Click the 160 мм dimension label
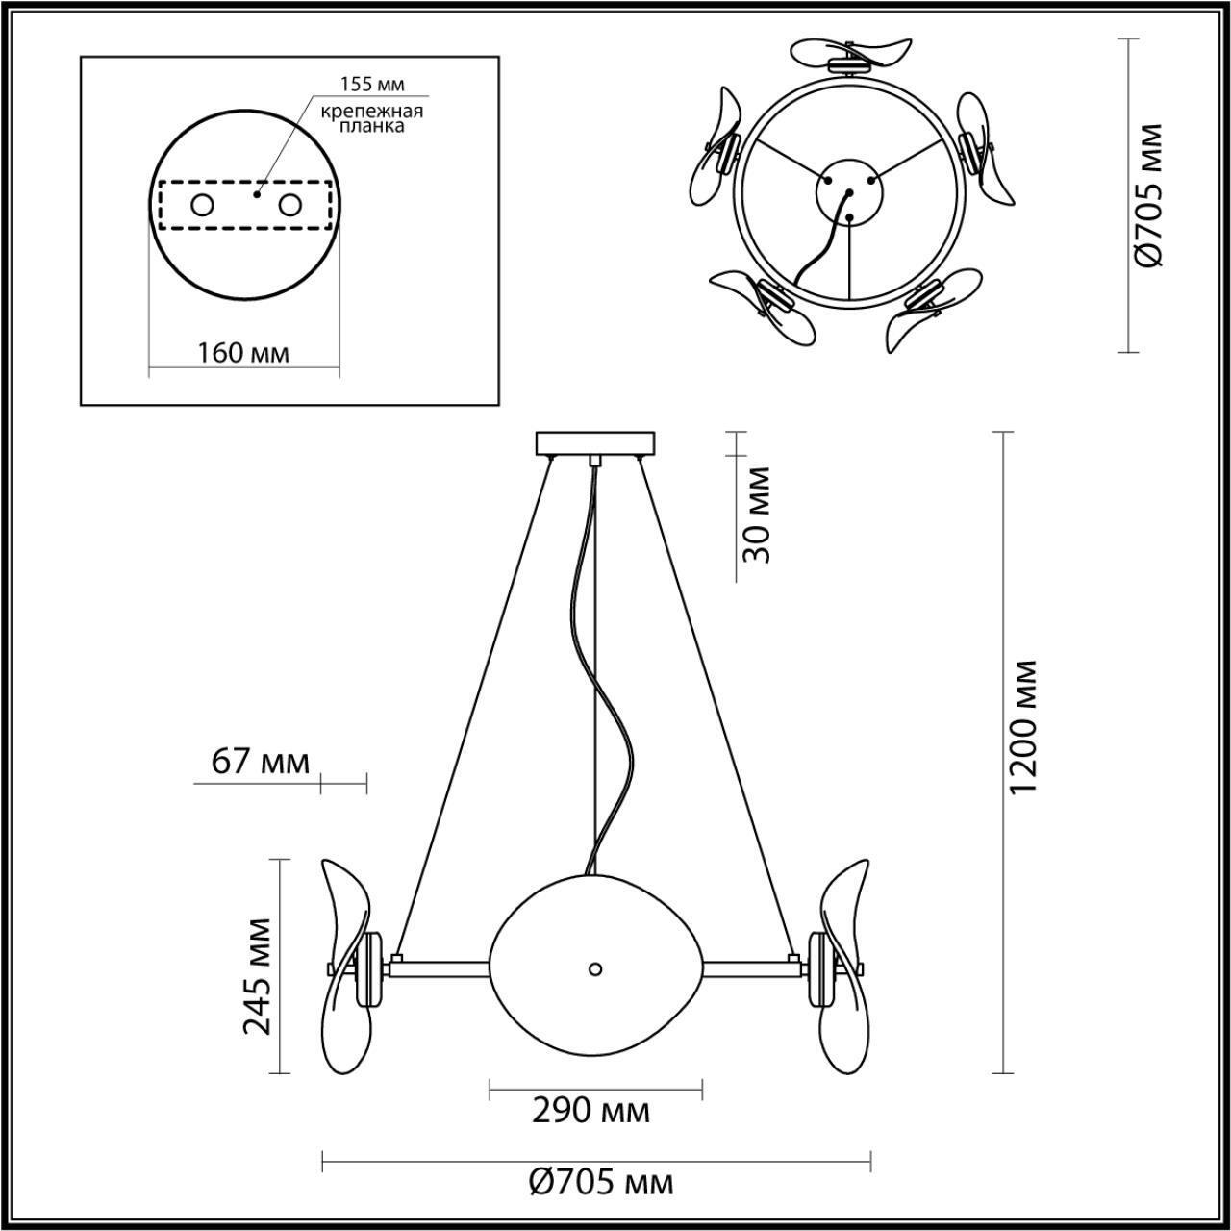tap(242, 352)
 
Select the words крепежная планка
tap(372, 118)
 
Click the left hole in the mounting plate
tap(203, 205)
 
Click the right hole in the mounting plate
tap(289, 205)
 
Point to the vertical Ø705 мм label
tap(1148, 193)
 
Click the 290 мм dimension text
tap(590, 1111)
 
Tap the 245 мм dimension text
tap(256, 975)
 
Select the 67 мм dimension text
tap(260, 763)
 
